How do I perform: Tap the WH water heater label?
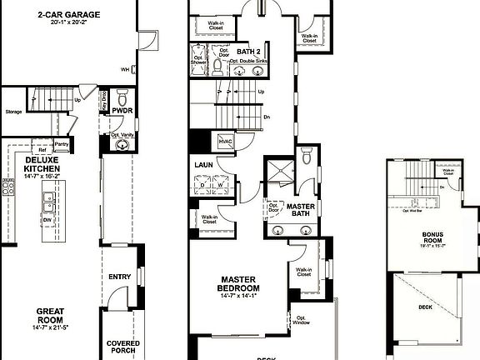click(124, 70)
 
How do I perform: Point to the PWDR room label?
click(122, 110)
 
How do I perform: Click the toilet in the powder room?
click(122, 96)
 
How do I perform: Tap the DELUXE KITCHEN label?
click(42, 163)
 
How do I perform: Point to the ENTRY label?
click(120, 277)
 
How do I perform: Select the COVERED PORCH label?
click(122, 347)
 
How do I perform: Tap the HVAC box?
click(225, 142)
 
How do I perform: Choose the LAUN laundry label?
click(205, 165)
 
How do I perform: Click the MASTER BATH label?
click(300, 211)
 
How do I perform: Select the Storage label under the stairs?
click(12, 110)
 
